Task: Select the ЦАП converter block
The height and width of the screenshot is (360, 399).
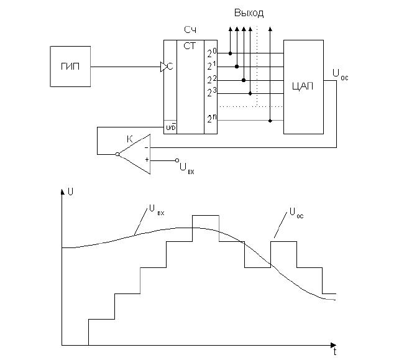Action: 303,86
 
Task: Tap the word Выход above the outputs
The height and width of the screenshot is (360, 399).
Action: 249,13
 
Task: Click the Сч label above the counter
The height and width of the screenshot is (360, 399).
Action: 191,30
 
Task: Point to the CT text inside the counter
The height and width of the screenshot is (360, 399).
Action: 191,46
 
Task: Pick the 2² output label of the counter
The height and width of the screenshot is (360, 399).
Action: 211,80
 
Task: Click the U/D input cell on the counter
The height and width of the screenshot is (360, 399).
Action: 170,127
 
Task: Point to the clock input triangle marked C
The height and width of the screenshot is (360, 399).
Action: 166,66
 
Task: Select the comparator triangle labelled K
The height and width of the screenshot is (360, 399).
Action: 137,154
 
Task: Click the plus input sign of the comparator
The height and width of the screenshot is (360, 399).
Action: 147,160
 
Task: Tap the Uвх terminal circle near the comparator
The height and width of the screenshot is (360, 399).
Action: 177,160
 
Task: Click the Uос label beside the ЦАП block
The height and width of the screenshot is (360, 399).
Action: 340,75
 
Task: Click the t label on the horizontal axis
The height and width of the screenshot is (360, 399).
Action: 334,352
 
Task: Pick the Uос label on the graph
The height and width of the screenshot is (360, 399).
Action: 296,212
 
